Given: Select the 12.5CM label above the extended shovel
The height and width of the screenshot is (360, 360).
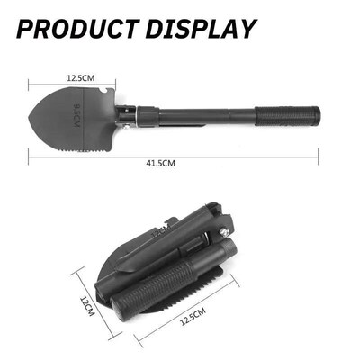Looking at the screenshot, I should (x=79, y=79).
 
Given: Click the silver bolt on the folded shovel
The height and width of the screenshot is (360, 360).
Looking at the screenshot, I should (x=221, y=237).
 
